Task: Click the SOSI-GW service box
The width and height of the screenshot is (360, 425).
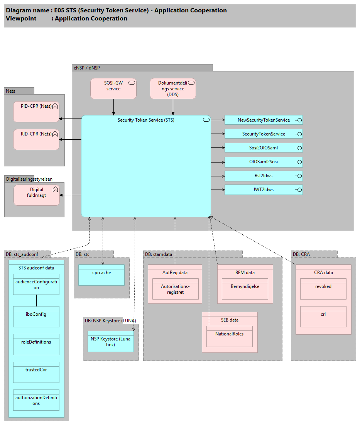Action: [x=113, y=88]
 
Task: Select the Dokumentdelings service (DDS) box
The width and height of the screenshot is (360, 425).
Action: [x=172, y=88]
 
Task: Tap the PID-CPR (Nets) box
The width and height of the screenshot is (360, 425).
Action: [x=36, y=112]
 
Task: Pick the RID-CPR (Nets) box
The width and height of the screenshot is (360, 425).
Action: [x=36, y=139]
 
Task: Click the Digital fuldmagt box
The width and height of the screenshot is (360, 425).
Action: [x=37, y=195]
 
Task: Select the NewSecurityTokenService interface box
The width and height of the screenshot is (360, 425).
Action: [x=264, y=120]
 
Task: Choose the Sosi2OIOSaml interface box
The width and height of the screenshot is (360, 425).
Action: [x=264, y=148]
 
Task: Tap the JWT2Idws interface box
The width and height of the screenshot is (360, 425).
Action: [x=264, y=190]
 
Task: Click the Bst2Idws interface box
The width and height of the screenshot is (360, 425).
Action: [x=264, y=176]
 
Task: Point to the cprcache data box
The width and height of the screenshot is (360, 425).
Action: [x=101, y=275]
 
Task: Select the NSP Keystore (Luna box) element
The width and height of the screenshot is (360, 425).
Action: [x=111, y=341]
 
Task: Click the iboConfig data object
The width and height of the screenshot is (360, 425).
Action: [x=36, y=317]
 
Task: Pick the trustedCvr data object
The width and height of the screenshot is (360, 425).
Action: [x=36, y=372]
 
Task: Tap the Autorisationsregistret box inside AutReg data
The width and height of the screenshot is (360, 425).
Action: [x=175, y=289]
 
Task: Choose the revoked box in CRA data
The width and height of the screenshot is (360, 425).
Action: [x=323, y=289]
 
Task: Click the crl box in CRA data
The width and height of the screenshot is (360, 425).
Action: [x=323, y=317]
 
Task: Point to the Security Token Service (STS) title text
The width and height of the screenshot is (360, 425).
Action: [x=146, y=120]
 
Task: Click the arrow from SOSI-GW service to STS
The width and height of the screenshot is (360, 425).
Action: [x=113, y=107]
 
